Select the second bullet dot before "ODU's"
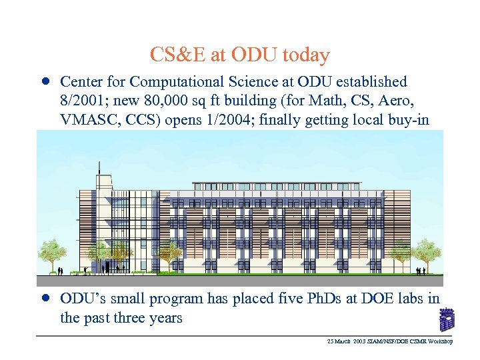point(44,298)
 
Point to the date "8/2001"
point(81,101)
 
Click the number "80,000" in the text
point(154,101)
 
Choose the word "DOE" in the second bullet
point(365,299)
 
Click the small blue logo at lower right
point(447,319)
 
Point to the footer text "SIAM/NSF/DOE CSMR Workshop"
point(409,341)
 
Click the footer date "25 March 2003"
point(343,341)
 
